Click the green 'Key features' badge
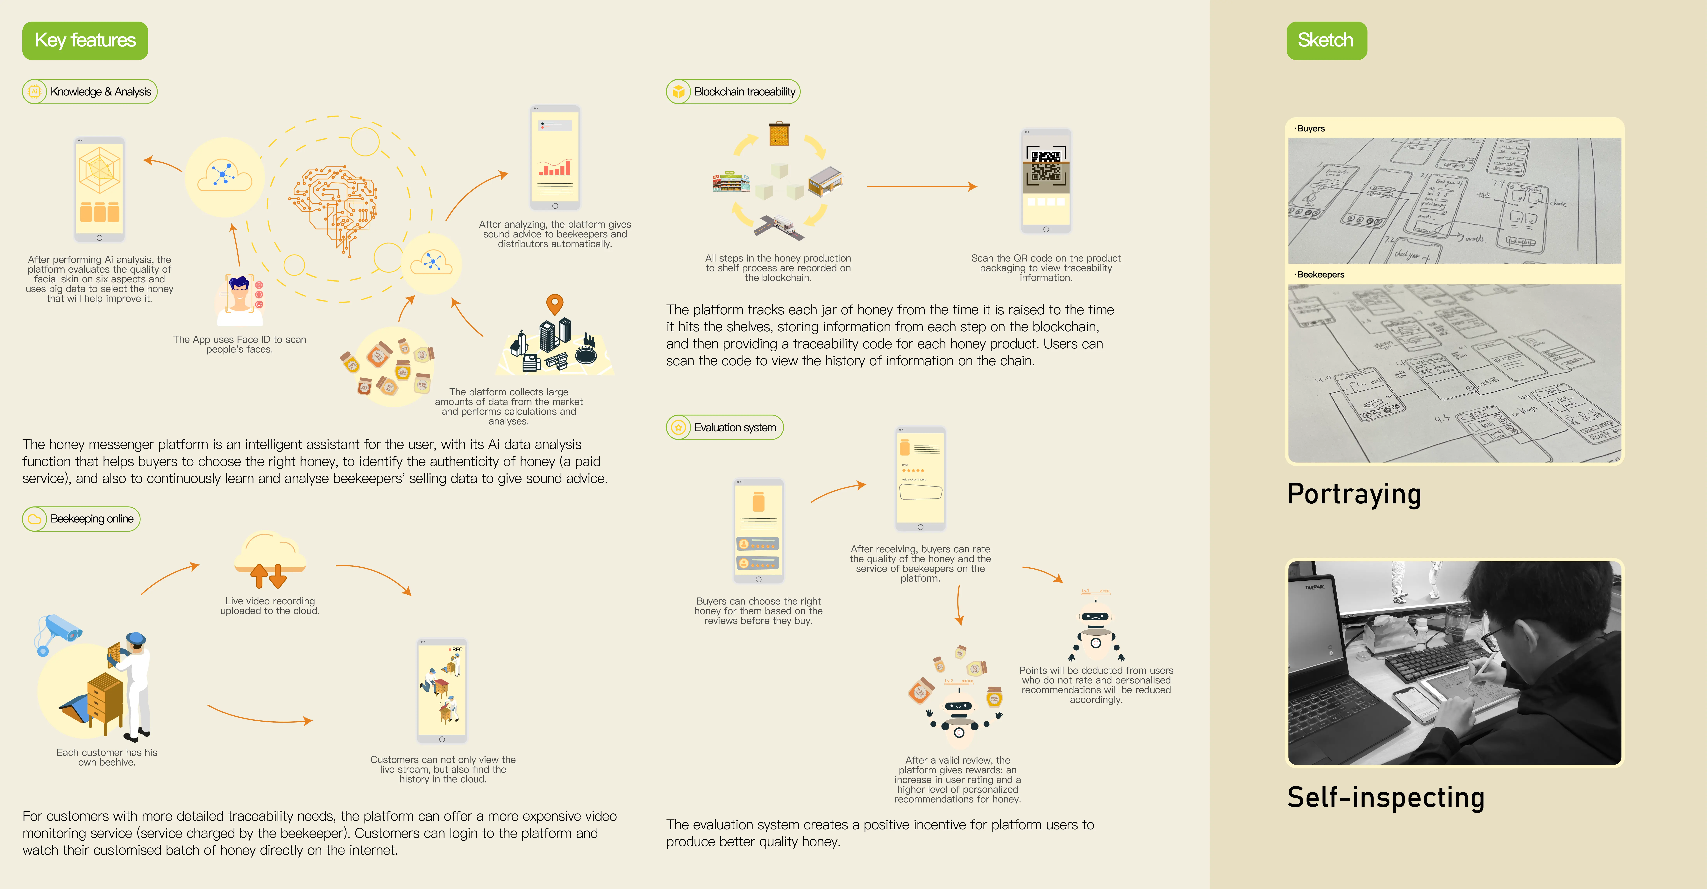click(x=85, y=40)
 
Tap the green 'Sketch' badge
click(x=1326, y=40)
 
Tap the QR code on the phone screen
click(x=1046, y=166)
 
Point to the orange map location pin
click(x=555, y=304)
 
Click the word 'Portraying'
click(x=1354, y=494)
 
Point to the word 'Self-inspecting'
click(x=1385, y=797)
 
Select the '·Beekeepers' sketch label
click(x=1319, y=274)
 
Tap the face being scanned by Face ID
click(x=238, y=295)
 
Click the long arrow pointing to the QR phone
click(x=921, y=187)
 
